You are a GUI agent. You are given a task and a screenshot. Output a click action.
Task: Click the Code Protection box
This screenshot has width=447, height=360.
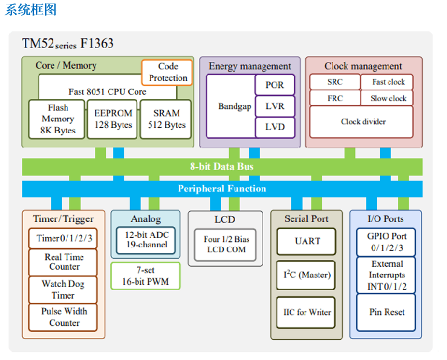167,72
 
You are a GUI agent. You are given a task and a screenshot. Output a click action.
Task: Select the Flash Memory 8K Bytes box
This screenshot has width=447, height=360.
57,119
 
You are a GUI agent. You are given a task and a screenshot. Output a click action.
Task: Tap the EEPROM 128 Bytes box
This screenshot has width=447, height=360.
113,119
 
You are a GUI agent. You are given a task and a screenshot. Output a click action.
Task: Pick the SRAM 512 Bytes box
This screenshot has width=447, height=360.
167,119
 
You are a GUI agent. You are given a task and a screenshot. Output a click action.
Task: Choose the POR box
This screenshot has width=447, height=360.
275,85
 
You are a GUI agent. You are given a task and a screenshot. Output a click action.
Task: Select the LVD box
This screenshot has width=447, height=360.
275,127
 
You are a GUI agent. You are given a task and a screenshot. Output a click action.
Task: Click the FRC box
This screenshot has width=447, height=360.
335,98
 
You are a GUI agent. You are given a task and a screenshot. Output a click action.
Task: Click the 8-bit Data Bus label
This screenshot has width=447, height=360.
222,167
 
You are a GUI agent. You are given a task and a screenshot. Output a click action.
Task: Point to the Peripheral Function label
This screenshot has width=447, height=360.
222,189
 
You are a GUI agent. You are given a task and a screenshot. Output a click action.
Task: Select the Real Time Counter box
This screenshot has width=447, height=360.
64,262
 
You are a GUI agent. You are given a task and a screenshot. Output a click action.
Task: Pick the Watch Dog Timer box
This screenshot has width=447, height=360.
64,289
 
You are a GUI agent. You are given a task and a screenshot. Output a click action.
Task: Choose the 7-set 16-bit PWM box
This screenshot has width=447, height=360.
145,276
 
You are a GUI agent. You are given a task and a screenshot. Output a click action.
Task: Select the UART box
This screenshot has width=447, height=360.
307,241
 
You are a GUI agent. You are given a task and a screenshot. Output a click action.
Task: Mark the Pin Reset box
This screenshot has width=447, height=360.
386,312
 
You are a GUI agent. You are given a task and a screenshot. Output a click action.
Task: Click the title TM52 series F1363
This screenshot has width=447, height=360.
68,43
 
